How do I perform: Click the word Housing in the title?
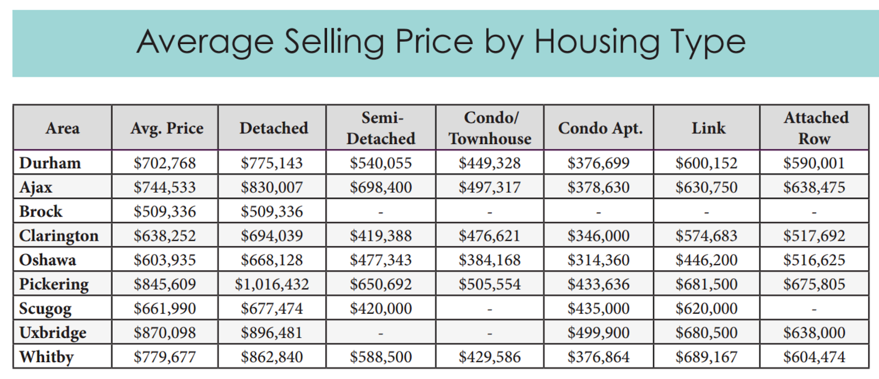coord(596,43)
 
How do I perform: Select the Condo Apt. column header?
coord(600,128)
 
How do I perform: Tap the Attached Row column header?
coord(815,128)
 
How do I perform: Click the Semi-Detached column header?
coord(381,128)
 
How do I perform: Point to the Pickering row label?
coord(54,284)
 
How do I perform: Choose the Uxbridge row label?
coord(53,333)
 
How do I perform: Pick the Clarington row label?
coord(59,236)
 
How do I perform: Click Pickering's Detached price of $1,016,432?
coord(272,284)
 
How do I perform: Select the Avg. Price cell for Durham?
coord(165,163)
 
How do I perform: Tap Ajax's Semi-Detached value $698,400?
coord(381,187)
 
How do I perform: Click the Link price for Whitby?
coord(706,357)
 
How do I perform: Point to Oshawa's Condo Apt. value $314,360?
coord(598,260)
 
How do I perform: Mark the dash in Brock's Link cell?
coord(706,212)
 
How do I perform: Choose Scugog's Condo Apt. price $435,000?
coord(598,309)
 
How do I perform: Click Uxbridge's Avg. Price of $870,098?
coord(165,333)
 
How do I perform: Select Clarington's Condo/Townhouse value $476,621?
coord(489,236)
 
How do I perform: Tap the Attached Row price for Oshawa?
coord(814,260)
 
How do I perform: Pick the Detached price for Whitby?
coord(272,357)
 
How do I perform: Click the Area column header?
coord(63,128)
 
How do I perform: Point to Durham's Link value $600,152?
coord(706,163)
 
